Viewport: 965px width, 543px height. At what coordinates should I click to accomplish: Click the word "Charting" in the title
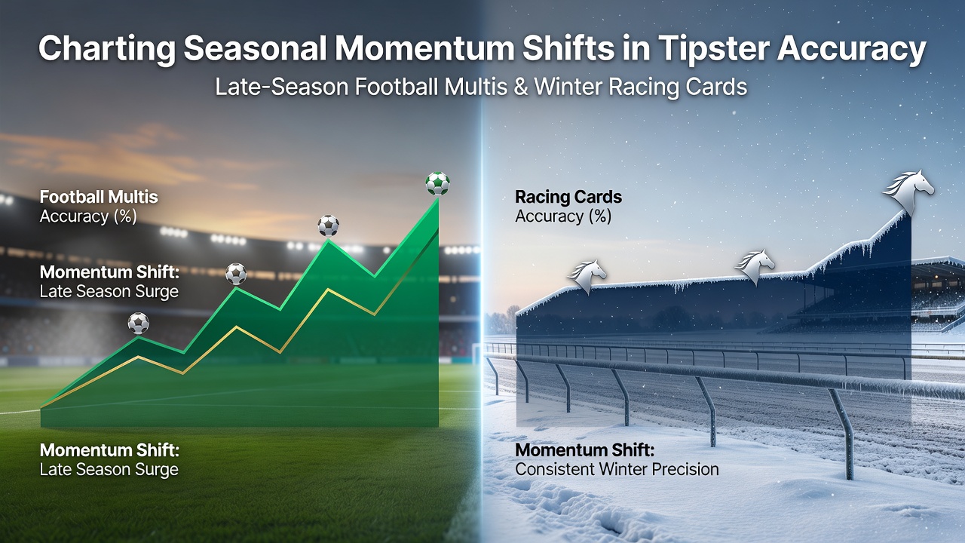[107, 49]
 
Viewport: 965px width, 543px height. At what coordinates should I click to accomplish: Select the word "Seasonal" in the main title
[255, 48]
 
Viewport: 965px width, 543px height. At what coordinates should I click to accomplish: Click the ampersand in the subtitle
[520, 87]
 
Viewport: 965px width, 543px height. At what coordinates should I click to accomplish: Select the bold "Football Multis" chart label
[99, 197]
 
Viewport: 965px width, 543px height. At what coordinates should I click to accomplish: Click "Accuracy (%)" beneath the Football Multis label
[88, 216]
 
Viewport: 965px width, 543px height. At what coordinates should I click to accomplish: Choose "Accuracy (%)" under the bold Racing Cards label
[563, 216]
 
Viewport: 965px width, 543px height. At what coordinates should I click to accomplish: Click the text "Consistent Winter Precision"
[617, 469]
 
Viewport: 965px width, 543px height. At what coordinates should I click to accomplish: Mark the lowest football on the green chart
[138, 324]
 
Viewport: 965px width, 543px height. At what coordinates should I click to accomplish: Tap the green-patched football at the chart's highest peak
[438, 183]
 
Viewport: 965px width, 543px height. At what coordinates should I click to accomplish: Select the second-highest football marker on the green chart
[328, 225]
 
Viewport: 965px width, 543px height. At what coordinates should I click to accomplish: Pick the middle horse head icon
[755, 266]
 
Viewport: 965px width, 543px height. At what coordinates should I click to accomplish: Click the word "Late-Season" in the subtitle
[282, 87]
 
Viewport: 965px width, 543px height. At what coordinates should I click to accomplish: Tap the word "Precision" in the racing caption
[685, 469]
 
